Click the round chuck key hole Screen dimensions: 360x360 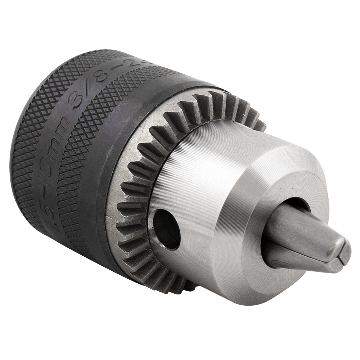point(166,229)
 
